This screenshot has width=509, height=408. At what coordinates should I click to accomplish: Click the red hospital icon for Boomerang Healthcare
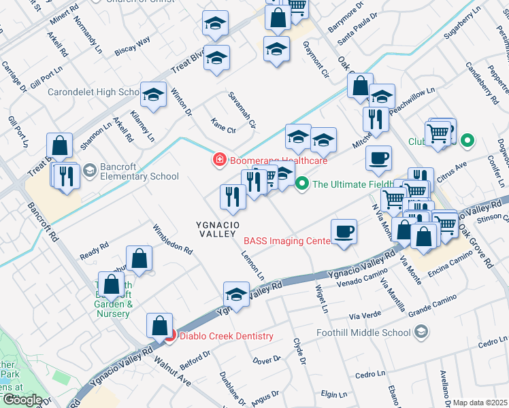219,161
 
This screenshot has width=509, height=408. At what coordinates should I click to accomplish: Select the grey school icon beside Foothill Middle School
421,332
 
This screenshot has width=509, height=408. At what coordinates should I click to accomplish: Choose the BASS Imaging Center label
286,241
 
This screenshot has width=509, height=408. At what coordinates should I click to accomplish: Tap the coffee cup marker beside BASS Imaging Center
344,231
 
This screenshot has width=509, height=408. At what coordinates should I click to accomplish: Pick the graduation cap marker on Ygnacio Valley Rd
236,294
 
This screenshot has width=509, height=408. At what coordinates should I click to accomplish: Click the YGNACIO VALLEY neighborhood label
216,228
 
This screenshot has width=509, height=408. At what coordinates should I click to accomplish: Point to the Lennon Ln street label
252,265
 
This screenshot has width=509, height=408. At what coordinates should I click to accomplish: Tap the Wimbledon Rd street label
173,239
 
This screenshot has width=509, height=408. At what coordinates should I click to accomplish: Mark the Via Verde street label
363,317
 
